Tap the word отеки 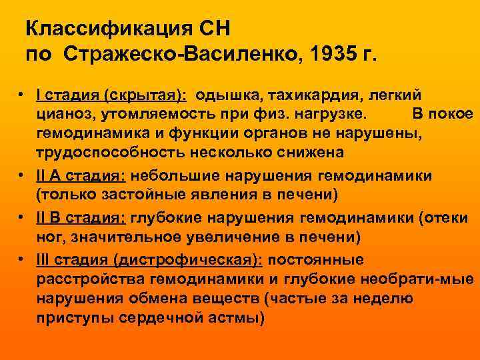[450, 217]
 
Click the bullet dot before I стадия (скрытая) [23, 95]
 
